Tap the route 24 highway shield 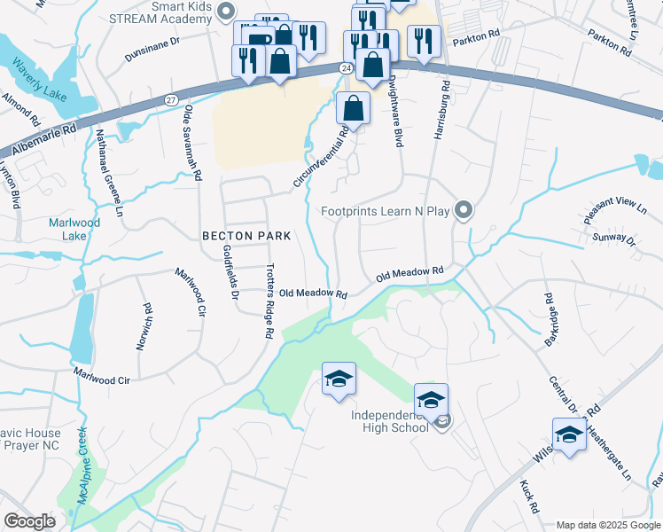click(346, 67)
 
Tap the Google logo click(29, 521)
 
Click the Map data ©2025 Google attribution click(607, 525)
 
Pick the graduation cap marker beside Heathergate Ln click(568, 435)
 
